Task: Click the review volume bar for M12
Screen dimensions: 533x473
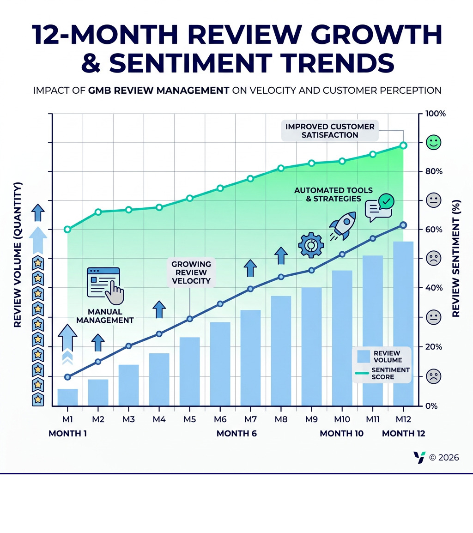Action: coord(403,323)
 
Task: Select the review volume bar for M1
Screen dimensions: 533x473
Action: coord(67,397)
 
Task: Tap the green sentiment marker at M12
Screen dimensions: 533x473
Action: coord(403,145)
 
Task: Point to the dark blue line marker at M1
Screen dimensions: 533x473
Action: coord(67,377)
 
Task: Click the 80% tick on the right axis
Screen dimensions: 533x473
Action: coord(434,172)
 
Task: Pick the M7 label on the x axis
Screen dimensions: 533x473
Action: coord(250,419)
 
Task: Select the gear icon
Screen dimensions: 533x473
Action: coord(310,245)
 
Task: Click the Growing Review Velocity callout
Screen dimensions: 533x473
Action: coord(191,273)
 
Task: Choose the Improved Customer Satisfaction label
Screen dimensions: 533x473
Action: coord(330,131)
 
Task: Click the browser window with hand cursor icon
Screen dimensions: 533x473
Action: coord(104,283)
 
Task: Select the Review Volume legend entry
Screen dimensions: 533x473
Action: coord(382,356)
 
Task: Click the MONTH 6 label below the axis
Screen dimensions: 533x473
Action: coord(236,434)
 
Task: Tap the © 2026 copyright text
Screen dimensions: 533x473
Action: coord(444,457)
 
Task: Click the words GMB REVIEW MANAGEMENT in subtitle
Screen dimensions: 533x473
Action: coord(158,91)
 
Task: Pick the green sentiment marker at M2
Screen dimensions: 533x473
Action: coord(98,212)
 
